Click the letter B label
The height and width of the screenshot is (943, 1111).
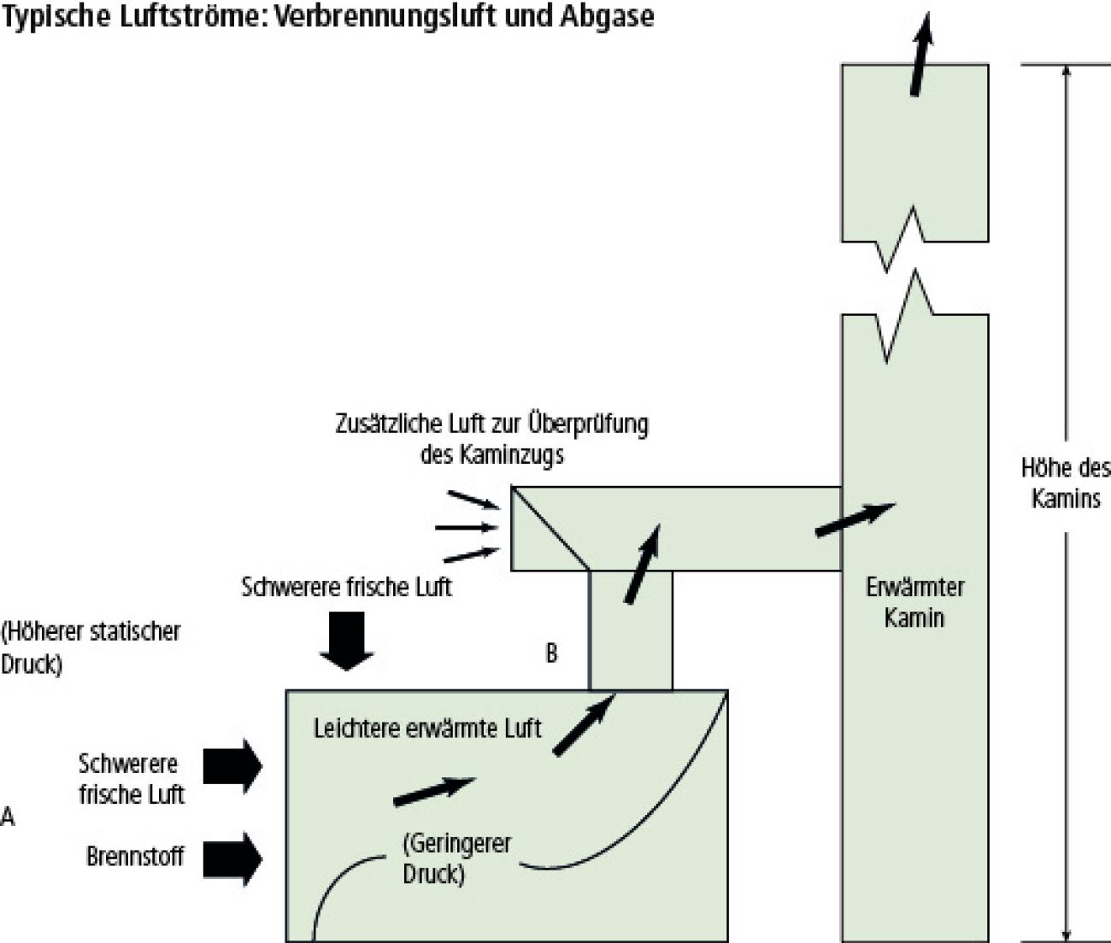point(552,653)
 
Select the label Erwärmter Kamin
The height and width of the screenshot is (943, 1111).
point(914,602)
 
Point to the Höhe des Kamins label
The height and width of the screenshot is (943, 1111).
point(1066,483)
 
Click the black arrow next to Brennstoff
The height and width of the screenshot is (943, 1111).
point(232,858)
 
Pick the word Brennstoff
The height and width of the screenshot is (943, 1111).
point(135,856)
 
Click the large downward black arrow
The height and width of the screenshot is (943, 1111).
point(347,641)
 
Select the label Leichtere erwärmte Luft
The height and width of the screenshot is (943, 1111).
point(427,729)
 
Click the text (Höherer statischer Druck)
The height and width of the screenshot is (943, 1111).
point(91,648)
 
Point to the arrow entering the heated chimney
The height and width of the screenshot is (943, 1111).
point(855,519)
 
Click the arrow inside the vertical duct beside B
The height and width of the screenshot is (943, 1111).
point(643,564)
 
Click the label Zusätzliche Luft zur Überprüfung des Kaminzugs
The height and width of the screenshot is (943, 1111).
point(491,438)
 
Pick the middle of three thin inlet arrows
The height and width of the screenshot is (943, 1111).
point(467,528)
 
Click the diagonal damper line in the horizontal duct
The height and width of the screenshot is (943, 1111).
point(550,528)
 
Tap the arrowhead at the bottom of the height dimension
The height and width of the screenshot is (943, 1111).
point(1066,933)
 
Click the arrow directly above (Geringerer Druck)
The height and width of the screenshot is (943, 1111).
point(433,791)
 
